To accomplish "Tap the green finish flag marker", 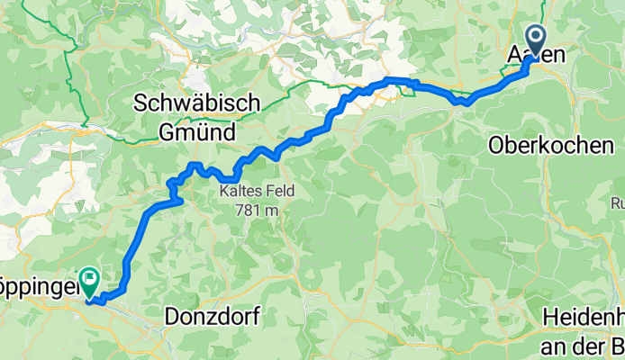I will pyautogui.click(x=91, y=281).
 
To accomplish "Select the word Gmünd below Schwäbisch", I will pyautogui.click(x=196, y=132).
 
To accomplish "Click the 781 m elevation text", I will pyautogui.click(x=250, y=209).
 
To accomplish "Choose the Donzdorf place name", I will pyautogui.click(x=213, y=317).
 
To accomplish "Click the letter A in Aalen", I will pyautogui.click(x=512, y=55).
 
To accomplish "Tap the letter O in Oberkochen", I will pyautogui.click(x=496, y=145).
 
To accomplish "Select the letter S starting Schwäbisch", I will pyautogui.click(x=140, y=103).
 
